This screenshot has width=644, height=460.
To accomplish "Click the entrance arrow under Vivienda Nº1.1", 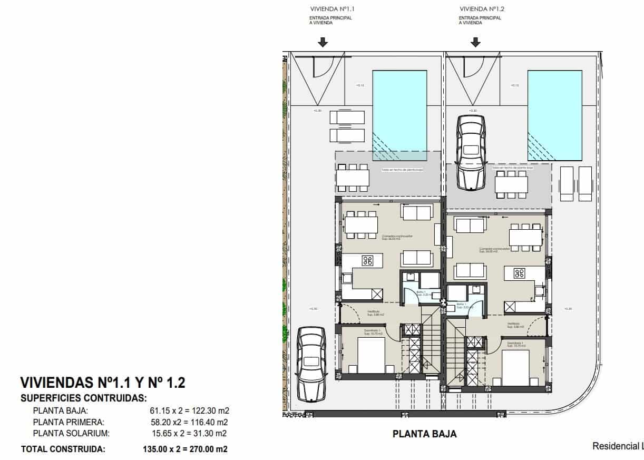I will point(323,42).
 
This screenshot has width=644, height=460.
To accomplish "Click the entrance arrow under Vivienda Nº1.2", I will point(475,42).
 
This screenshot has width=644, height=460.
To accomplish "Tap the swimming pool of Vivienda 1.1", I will point(399,115).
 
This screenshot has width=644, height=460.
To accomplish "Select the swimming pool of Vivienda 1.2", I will point(554,115).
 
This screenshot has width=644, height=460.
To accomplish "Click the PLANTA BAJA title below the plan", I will point(425,434).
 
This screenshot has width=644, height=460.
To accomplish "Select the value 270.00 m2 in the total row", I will point(204,449).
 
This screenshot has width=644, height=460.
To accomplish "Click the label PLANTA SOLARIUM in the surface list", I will point(71,434).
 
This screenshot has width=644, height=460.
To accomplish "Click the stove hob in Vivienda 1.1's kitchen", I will point(367,260).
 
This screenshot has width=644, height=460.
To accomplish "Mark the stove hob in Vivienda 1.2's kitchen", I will point(520,273).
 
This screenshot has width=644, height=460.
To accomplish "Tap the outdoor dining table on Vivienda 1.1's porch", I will point(353,178).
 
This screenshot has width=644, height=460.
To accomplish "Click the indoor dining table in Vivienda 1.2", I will point(525,238).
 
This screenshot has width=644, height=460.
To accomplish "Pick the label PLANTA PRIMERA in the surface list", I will point(69,422).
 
